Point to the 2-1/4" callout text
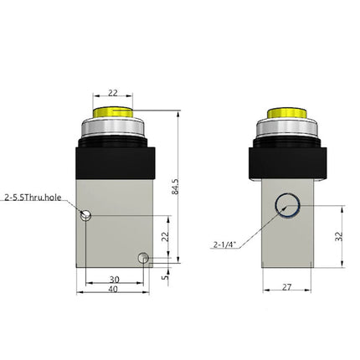(x=225, y=244)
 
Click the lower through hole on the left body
(x=144, y=256)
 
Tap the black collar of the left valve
(x=116, y=161)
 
